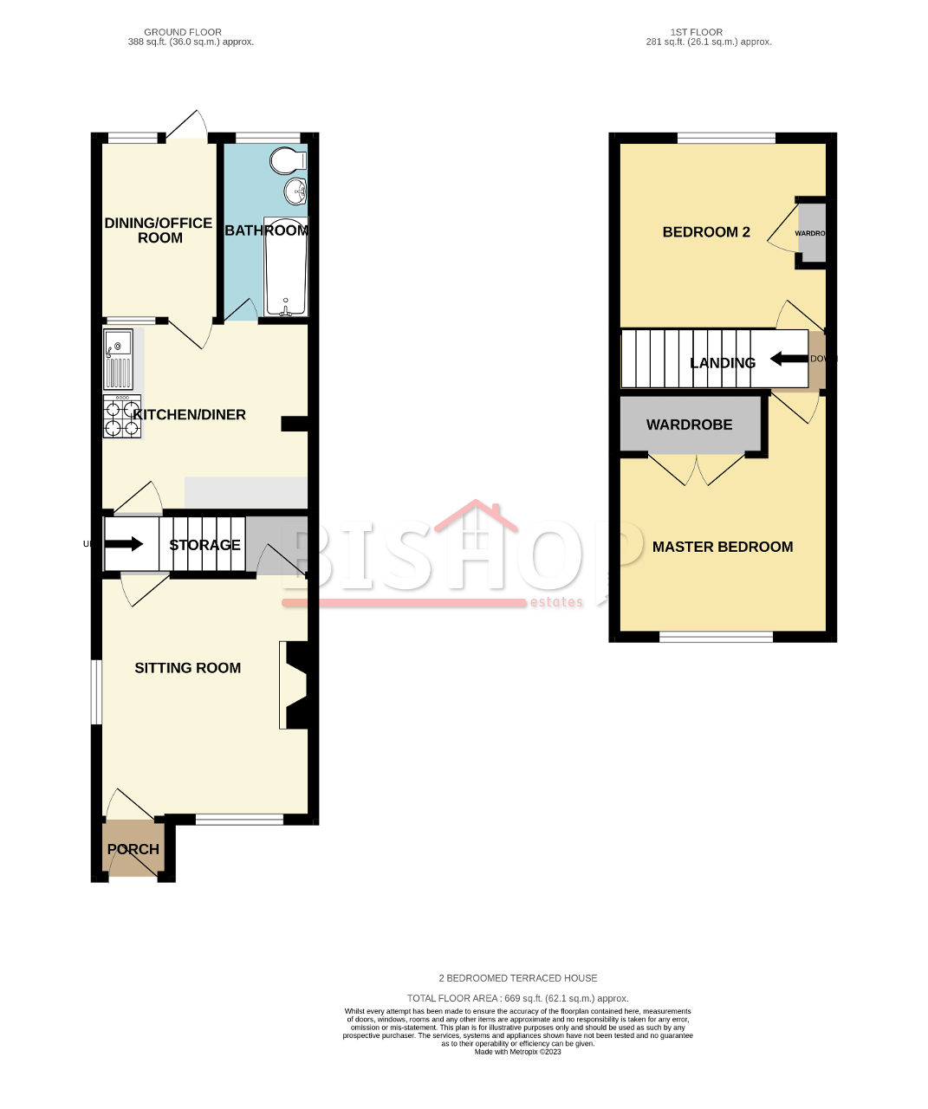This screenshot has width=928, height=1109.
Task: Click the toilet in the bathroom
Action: click(x=288, y=161)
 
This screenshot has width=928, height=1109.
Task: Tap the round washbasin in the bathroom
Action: click(x=295, y=190)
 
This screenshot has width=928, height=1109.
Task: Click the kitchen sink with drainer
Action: click(x=118, y=359)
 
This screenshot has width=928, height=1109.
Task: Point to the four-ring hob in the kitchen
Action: click(x=121, y=417)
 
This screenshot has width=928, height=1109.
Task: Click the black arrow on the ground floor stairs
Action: click(x=124, y=544)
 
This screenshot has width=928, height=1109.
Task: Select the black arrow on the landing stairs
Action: click(x=788, y=358)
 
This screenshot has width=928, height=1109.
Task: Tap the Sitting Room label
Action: click(x=187, y=668)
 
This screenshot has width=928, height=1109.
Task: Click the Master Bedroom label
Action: click(x=722, y=547)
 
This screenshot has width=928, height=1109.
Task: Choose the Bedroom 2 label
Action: click(x=705, y=232)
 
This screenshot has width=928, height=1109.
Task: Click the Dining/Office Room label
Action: click(x=159, y=230)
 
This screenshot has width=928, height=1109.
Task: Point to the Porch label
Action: click(x=133, y=849)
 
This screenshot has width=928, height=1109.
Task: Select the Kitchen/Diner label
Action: click(x=189, y=415)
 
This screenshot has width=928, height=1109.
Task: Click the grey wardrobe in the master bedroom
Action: click(x=690, y=425)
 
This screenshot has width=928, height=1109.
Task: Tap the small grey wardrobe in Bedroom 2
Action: click(x=812, y=232)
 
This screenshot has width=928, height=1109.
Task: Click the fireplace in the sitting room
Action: click(x=293, y=684)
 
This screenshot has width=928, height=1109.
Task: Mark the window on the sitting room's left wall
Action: click(x=97, y=691)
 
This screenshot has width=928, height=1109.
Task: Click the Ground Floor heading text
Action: click(x=183, y=32)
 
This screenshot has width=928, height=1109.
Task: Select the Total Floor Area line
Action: click(x=517, y=998)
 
